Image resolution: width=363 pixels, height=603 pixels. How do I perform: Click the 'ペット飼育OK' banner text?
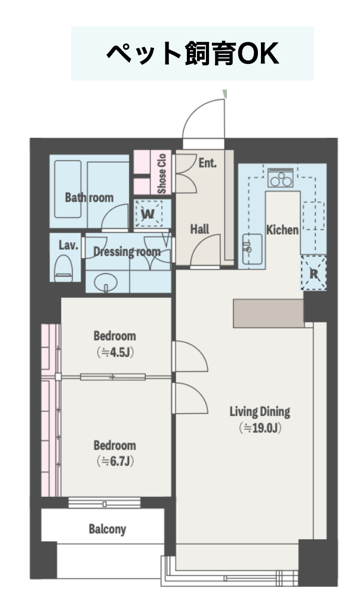click(192, 54)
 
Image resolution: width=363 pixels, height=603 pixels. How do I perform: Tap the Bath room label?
click(89, 198)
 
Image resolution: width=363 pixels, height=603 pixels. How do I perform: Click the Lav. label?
click(69, 245)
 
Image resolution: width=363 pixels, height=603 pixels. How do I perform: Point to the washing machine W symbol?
click(149, 214)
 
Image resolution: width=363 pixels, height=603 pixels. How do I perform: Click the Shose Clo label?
click(162, 174)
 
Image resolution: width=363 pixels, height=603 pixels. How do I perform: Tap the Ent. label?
click(208, 163)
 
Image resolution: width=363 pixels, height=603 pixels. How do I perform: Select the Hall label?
click(200, 230)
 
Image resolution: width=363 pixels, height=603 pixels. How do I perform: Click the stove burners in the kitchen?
click(281, 178)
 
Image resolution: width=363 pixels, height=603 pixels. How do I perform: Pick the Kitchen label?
click(282, 230)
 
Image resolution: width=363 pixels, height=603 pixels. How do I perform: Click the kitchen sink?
click(253, 249)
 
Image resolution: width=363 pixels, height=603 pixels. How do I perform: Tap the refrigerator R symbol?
click(314, 273)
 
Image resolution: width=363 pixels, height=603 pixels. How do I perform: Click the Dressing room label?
click(127, 252)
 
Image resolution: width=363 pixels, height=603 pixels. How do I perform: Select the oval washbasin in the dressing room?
click(105, 282)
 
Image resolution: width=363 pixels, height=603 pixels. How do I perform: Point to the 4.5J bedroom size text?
click(115, 352)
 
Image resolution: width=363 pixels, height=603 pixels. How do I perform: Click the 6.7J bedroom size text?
click(115, 461)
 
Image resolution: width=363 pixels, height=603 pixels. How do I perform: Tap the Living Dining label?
click(260, 412)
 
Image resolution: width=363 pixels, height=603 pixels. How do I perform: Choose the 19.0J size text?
click(260, 428)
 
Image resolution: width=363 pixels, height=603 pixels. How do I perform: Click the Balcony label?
click(107, 529)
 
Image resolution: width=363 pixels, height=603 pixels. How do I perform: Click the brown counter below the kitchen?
click(269, 313)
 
